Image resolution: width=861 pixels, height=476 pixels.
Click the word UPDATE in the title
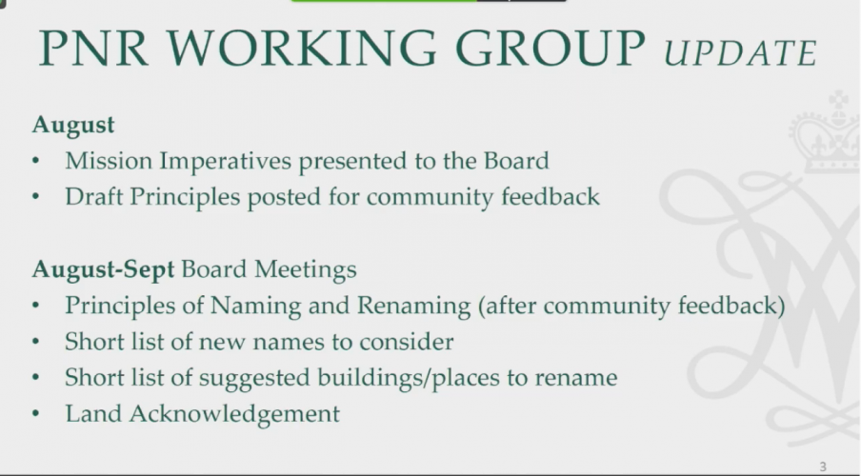pyautogui.click(x=740, y=51)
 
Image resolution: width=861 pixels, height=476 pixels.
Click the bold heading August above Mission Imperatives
pyautogui.click(x=73, y=125)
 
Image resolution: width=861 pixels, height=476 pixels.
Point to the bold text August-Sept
pyautogui.click(x=103, y=269)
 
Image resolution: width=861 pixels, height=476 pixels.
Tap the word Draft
pyautogui.click(x=91, y=197)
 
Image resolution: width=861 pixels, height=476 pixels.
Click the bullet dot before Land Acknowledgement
pyautogui.click(x=35, y=414)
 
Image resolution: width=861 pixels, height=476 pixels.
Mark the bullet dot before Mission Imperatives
pyautogui.click(x=35, y=163)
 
